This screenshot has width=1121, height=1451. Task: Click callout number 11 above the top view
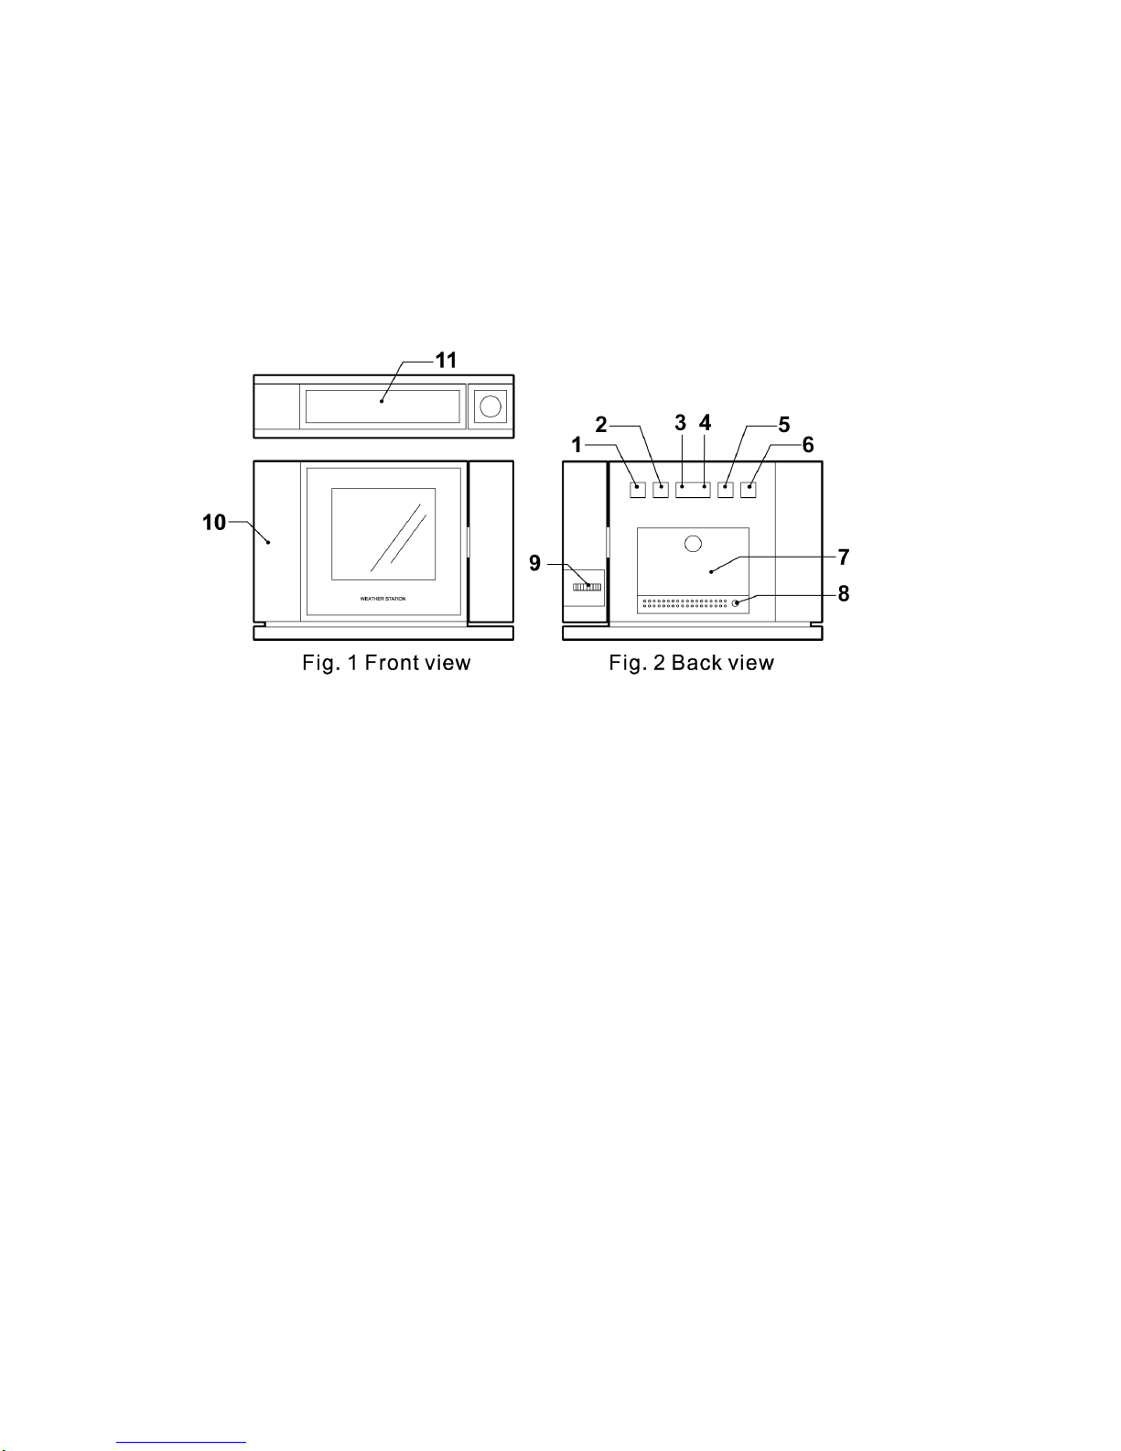tap(446, 361)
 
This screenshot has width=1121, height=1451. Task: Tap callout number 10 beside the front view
tap(214, 522)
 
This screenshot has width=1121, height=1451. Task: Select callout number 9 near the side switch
tap(534, 563)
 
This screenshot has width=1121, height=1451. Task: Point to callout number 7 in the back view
tap(844, 557)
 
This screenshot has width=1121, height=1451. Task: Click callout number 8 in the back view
tap(844, 593)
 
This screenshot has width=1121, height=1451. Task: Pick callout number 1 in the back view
tap(577, 445)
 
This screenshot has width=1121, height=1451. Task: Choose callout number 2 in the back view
tap(601, 425)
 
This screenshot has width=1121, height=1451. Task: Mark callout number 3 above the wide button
tap(680, 423)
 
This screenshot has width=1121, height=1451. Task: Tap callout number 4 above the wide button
tap(705, 423)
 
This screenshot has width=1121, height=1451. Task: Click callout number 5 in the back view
tap(784, 425)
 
